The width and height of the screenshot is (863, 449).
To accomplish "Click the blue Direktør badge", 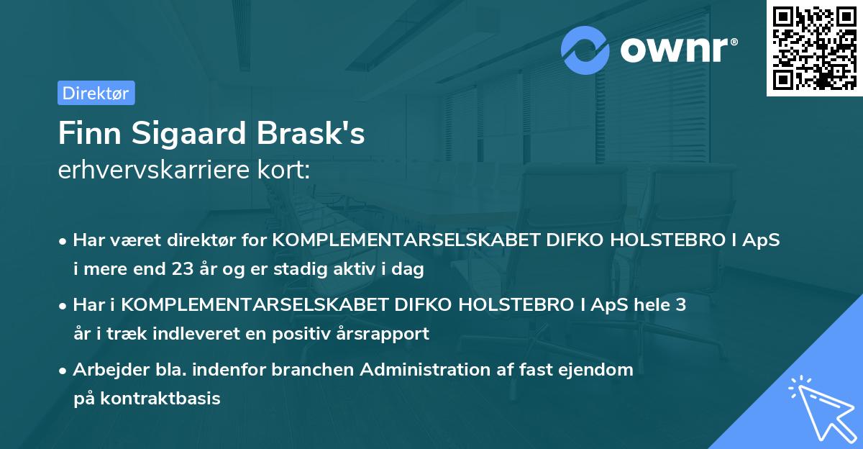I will (96, 93).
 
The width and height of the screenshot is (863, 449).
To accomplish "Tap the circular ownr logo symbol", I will (585, 50).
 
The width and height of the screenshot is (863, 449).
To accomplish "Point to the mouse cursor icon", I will (819, 407).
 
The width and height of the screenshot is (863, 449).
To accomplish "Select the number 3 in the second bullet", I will (680, 304).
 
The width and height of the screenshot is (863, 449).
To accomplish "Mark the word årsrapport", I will (388, 333).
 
